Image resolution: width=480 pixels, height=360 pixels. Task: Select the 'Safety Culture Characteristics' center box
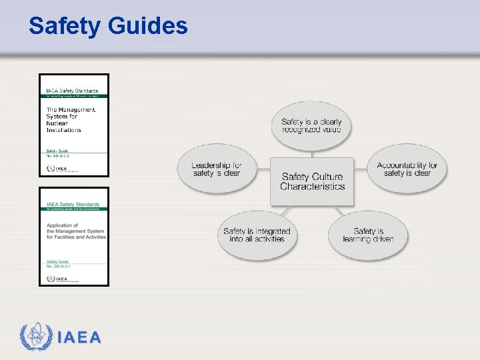312,181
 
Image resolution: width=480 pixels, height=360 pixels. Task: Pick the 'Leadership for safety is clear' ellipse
216,169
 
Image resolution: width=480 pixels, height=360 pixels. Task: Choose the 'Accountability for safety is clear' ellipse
407,169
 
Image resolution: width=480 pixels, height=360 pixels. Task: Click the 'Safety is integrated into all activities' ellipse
257,235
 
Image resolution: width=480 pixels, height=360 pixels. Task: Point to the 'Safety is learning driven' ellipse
368,235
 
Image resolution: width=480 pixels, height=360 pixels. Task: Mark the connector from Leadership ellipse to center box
263,170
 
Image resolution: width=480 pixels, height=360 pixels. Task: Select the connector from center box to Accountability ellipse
361,170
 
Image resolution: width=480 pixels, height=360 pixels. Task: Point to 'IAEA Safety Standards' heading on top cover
71,91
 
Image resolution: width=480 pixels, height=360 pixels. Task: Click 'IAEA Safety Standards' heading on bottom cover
73,204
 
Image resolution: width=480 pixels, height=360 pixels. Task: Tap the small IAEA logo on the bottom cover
57,278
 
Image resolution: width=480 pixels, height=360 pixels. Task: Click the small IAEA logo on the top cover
57,169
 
